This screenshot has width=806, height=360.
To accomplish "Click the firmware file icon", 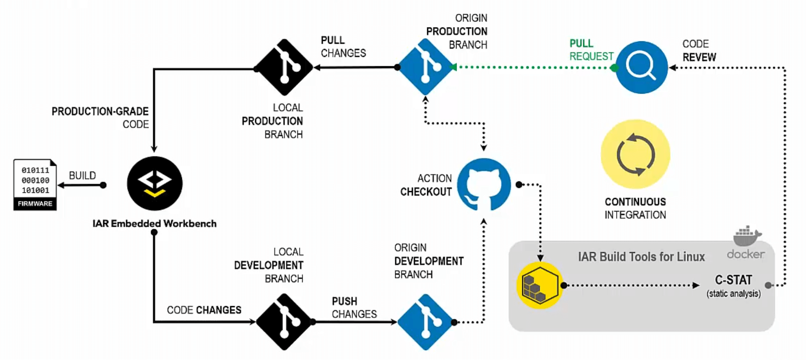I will click(x=35, y=184).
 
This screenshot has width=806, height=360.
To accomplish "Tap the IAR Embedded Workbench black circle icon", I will click(x=154, y=184).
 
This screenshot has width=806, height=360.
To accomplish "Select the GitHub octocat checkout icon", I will click(x=484, y=184).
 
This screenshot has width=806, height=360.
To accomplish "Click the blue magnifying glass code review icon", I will click(x=641, y=67).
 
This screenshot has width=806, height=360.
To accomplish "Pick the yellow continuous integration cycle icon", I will click(x=635, y=154).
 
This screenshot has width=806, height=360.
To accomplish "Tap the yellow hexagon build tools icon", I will click(x=540, y=285).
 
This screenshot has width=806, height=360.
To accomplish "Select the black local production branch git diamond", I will click(x=285, y=67).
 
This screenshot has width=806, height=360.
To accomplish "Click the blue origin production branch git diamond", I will click(x=425, y=67).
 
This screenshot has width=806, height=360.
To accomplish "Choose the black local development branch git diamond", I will click(x=285, y=322).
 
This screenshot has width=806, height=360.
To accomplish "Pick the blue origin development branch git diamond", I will click(x=425, y=322).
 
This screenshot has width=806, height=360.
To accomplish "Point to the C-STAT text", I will click(x=733, y=280).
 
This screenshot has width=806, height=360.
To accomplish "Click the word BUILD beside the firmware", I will click(x=82, y=176).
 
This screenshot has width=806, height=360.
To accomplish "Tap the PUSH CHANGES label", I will click(x=353, y=308).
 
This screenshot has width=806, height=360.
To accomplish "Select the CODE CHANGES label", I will click(x=204, y=310).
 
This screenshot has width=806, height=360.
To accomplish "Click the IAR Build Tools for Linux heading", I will click(x=641, y=257).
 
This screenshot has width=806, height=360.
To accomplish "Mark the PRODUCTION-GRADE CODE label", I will click(x=100, y=117).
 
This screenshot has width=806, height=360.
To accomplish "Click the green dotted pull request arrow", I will click(x=533, y=67).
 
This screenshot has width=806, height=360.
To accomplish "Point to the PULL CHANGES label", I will click(x=343, y=47).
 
